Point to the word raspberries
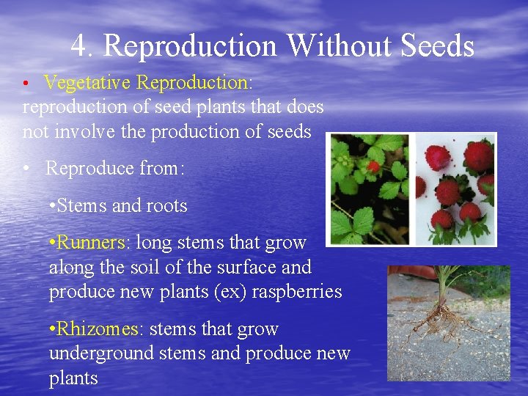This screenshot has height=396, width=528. coord(297,291)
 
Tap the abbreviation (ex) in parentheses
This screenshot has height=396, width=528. coord(229,291)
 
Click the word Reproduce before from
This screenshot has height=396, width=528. coord(89,168)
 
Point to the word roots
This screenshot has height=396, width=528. coord(164,205)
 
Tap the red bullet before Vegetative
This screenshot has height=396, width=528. coord(26,83)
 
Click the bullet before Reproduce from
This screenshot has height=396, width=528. coord(26,169)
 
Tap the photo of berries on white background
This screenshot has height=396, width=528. coord(454,190)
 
